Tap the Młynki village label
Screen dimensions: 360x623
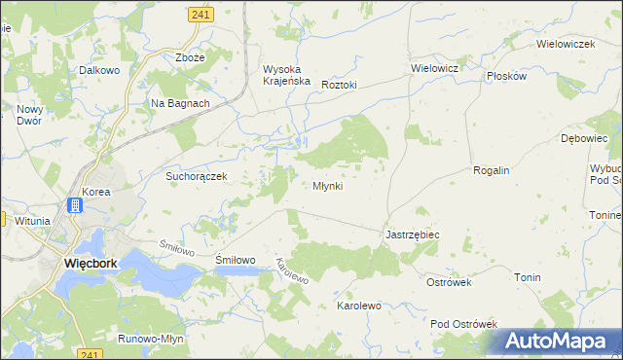click(327, 186)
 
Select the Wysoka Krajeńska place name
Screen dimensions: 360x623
click(286, 75)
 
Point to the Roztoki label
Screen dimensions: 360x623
click(340, 85)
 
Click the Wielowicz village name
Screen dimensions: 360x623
click(434, 69)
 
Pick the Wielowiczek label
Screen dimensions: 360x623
click(566, 45)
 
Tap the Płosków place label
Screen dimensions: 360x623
click(506, 76)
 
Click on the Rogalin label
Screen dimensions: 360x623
click(492, 170)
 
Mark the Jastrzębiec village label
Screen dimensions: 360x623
click(413, 235)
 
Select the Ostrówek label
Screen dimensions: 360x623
click(449, 282)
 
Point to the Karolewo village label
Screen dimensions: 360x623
click(358, 306)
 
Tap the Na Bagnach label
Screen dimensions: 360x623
click(180, 103)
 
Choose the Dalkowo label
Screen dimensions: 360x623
click(98, 70)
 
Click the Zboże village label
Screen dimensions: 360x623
click(190, 57)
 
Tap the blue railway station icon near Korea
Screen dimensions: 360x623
click(75, 205)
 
